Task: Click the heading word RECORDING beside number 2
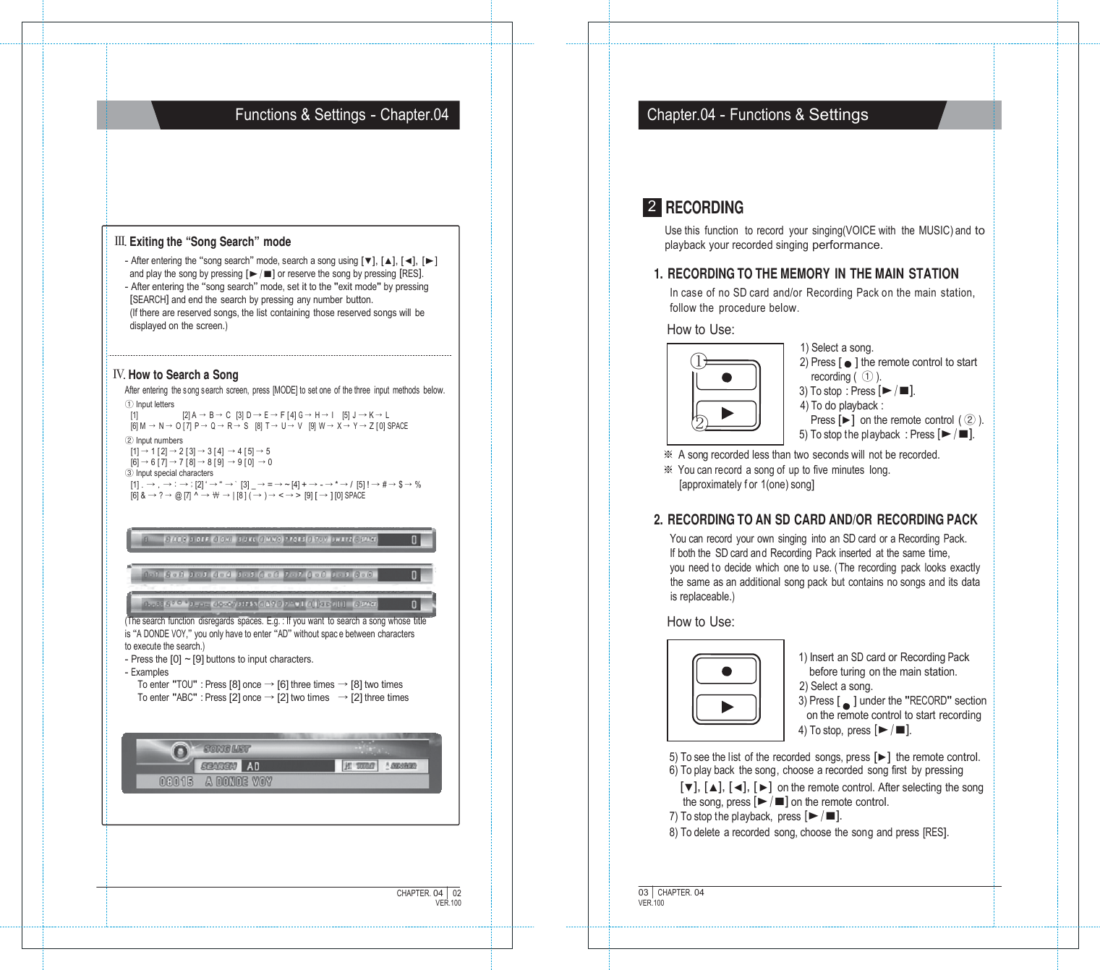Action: click(x=704, y=208)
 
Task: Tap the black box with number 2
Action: click(x=652, y=207)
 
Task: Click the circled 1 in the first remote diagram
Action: click(x=698, y=360)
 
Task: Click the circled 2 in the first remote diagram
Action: click(x=699, y=423)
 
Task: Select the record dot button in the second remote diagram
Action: click(x=727, y=671)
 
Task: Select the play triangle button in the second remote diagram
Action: click(x=728, y=707)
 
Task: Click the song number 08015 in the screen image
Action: click(x=176, y=782)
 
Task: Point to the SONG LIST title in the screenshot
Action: click(x=227, y=749)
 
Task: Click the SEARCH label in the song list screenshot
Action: click(x=218, y=766)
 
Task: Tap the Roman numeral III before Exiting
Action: click(x=120, y=241)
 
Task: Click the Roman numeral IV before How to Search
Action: click(x=119, y=374)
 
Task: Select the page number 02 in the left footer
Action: click(x=456, y=893)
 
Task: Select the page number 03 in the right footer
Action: click(x=643, y=893)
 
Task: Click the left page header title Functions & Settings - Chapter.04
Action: click(x=341, y=115)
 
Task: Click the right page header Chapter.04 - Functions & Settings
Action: click(x=757, y=115)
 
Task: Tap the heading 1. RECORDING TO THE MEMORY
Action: click(x=806, y=274)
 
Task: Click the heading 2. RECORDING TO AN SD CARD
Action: click(x=815, y=520)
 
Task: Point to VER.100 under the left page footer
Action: click(x=448, y=903)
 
